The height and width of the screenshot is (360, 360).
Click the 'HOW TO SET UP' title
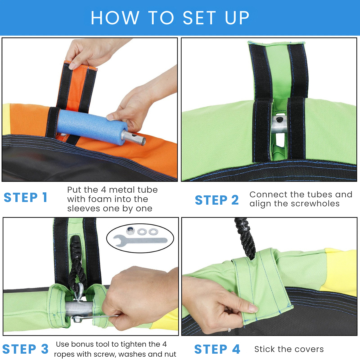(170, 18)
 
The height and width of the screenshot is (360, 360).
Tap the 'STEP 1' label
(25, 197)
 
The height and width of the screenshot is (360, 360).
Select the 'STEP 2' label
(217, 200)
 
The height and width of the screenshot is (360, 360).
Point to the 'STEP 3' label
(25, 349)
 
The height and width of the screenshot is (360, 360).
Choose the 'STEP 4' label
(217, 349)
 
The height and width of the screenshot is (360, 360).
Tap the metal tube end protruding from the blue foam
(134, 137)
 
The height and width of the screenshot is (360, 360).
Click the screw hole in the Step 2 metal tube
(279, 120)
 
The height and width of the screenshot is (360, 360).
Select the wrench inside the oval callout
(140, 241)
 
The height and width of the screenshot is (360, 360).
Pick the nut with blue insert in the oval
(130, 230)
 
